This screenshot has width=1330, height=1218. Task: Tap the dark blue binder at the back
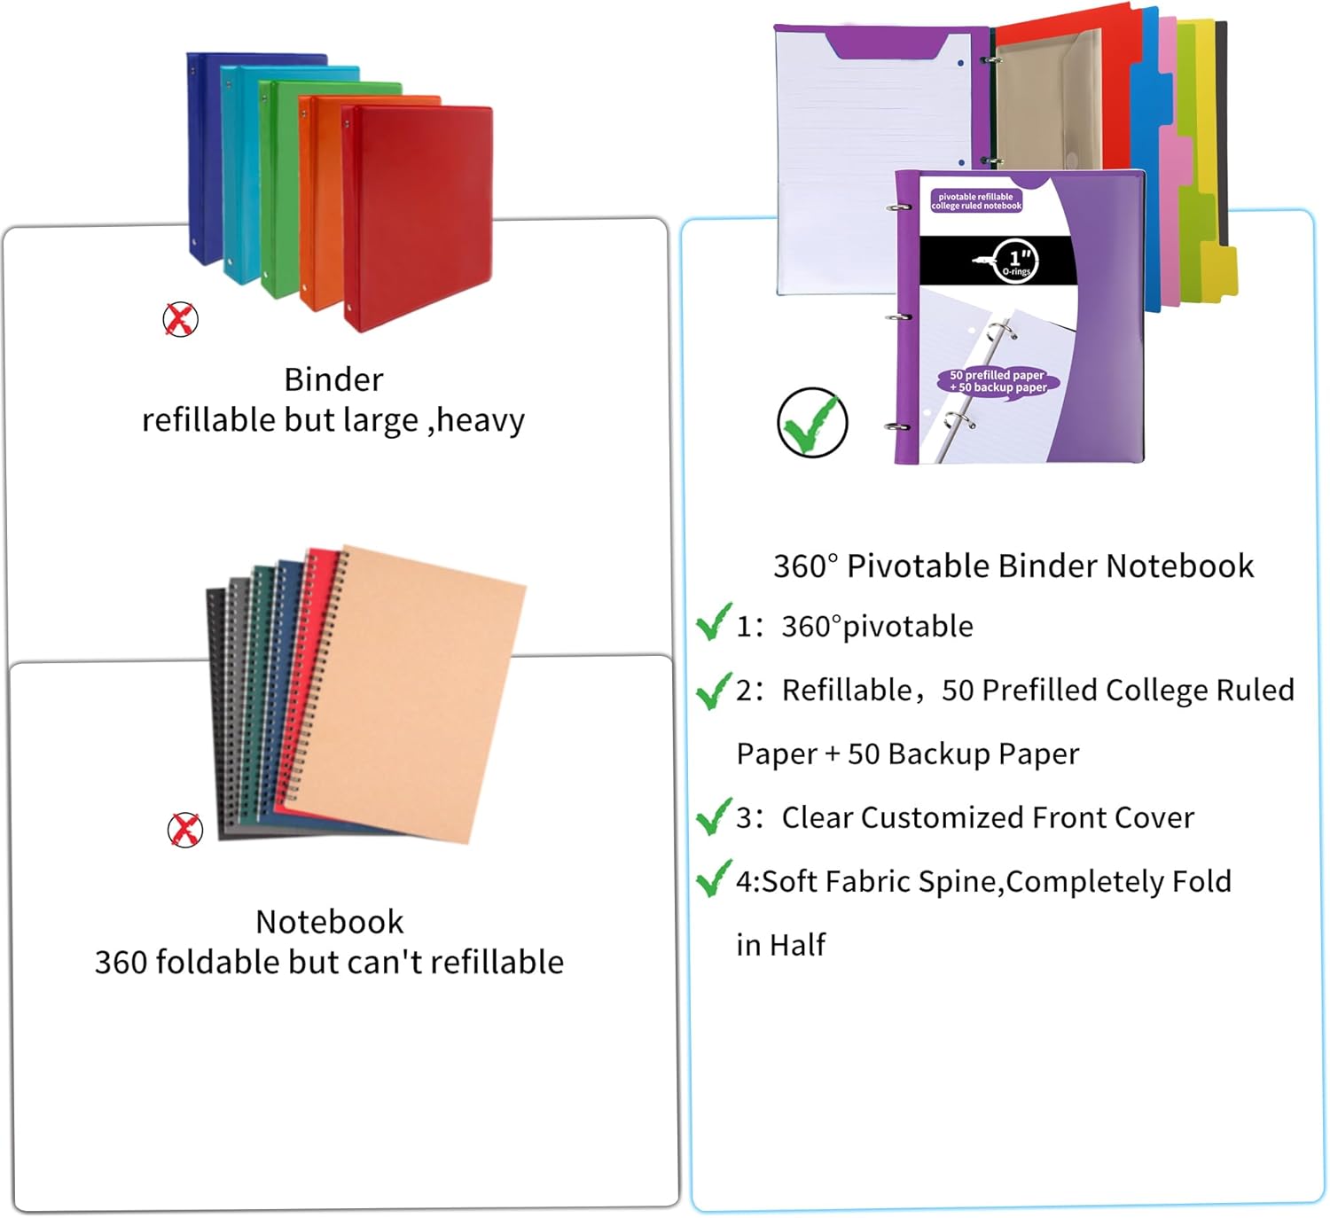pos(204,160)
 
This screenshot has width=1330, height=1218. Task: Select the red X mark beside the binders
pos(180,319)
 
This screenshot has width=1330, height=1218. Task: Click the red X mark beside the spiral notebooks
pos(184,830)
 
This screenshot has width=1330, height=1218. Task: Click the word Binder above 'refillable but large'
pos(333,379)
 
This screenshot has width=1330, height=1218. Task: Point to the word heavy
pos(481,420)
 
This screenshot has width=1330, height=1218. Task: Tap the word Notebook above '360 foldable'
pos(329,922)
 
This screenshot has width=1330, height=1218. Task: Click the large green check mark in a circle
pos(811,423)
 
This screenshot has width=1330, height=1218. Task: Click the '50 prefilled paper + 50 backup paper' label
pos(997,381)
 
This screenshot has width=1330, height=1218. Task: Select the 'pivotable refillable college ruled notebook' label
pos(976,201)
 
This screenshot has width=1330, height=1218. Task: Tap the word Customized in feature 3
pos(942,817)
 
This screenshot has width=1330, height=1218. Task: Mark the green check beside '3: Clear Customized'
pos(713,816)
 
